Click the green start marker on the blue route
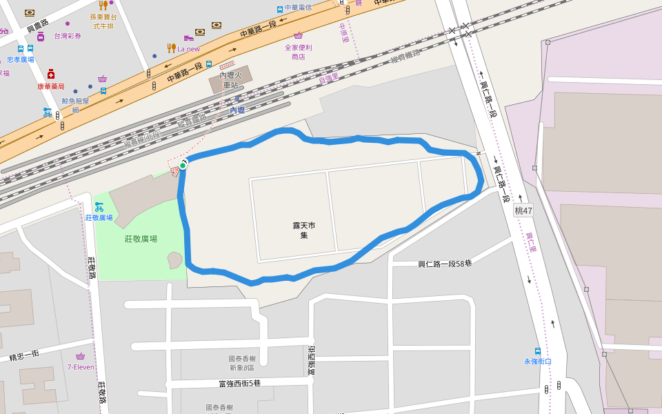coord(183,165)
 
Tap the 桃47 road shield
coord(523,210)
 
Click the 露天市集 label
coord(303,230)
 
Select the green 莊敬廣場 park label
coord(141,239)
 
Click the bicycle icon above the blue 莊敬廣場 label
coord(99,206)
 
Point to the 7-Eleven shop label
coord(81,367)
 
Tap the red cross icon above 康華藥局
coord(50,75)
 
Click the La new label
coord(188,49)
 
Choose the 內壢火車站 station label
coord(230,80)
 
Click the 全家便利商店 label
coord(299,52)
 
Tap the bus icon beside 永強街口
coord(537,351)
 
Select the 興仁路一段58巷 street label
coord(445,264)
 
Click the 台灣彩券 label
coord(68,36)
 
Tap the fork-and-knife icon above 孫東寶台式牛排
coord(103,6)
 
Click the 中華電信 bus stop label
coord(298,8)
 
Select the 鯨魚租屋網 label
coord(75,105)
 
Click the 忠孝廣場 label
coord(21,59)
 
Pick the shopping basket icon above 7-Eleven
coord(81,356)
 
